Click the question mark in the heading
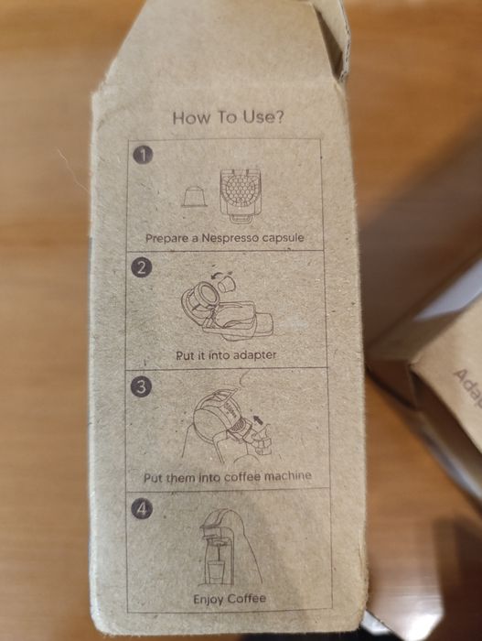click(279, 117)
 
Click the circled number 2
click(142, 268)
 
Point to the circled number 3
click(141, 386)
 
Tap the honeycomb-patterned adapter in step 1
click(240, 195)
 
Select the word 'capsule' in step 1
click(283, 237)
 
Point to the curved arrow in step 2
click(218, 276)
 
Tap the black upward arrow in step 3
click(256, 419)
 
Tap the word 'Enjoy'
click(209, 600)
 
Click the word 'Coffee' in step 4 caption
click(247, 599)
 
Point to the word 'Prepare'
click(167, 238)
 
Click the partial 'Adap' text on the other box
click(466, 389)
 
